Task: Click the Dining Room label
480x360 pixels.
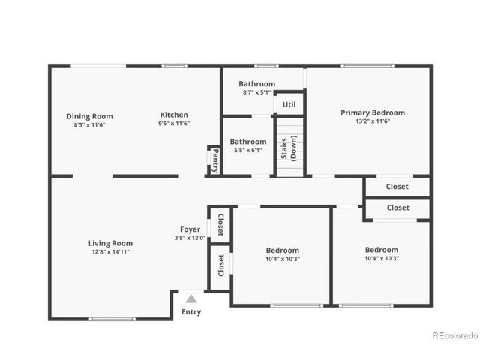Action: (89, 116)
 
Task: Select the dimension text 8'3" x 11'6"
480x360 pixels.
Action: (89, 125)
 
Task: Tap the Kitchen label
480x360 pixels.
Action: (174, 115)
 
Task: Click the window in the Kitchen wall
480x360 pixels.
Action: (175, 66)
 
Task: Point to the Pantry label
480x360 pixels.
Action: (214, 160)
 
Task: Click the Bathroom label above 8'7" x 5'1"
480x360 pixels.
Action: (256, 84)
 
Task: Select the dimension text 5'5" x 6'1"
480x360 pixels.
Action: (247, 150)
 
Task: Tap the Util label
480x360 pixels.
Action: (289, 104)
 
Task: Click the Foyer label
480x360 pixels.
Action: (190, 229)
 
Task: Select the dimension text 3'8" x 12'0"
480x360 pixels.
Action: (190, 238)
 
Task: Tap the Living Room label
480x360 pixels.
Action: (110, 243)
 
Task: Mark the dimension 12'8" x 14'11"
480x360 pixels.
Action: (110, 252)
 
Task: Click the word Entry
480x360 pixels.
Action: (191, 312)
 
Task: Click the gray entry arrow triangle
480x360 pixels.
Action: (191, 298)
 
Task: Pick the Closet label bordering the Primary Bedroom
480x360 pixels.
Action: (397, 187)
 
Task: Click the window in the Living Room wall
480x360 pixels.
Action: (112, 319)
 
